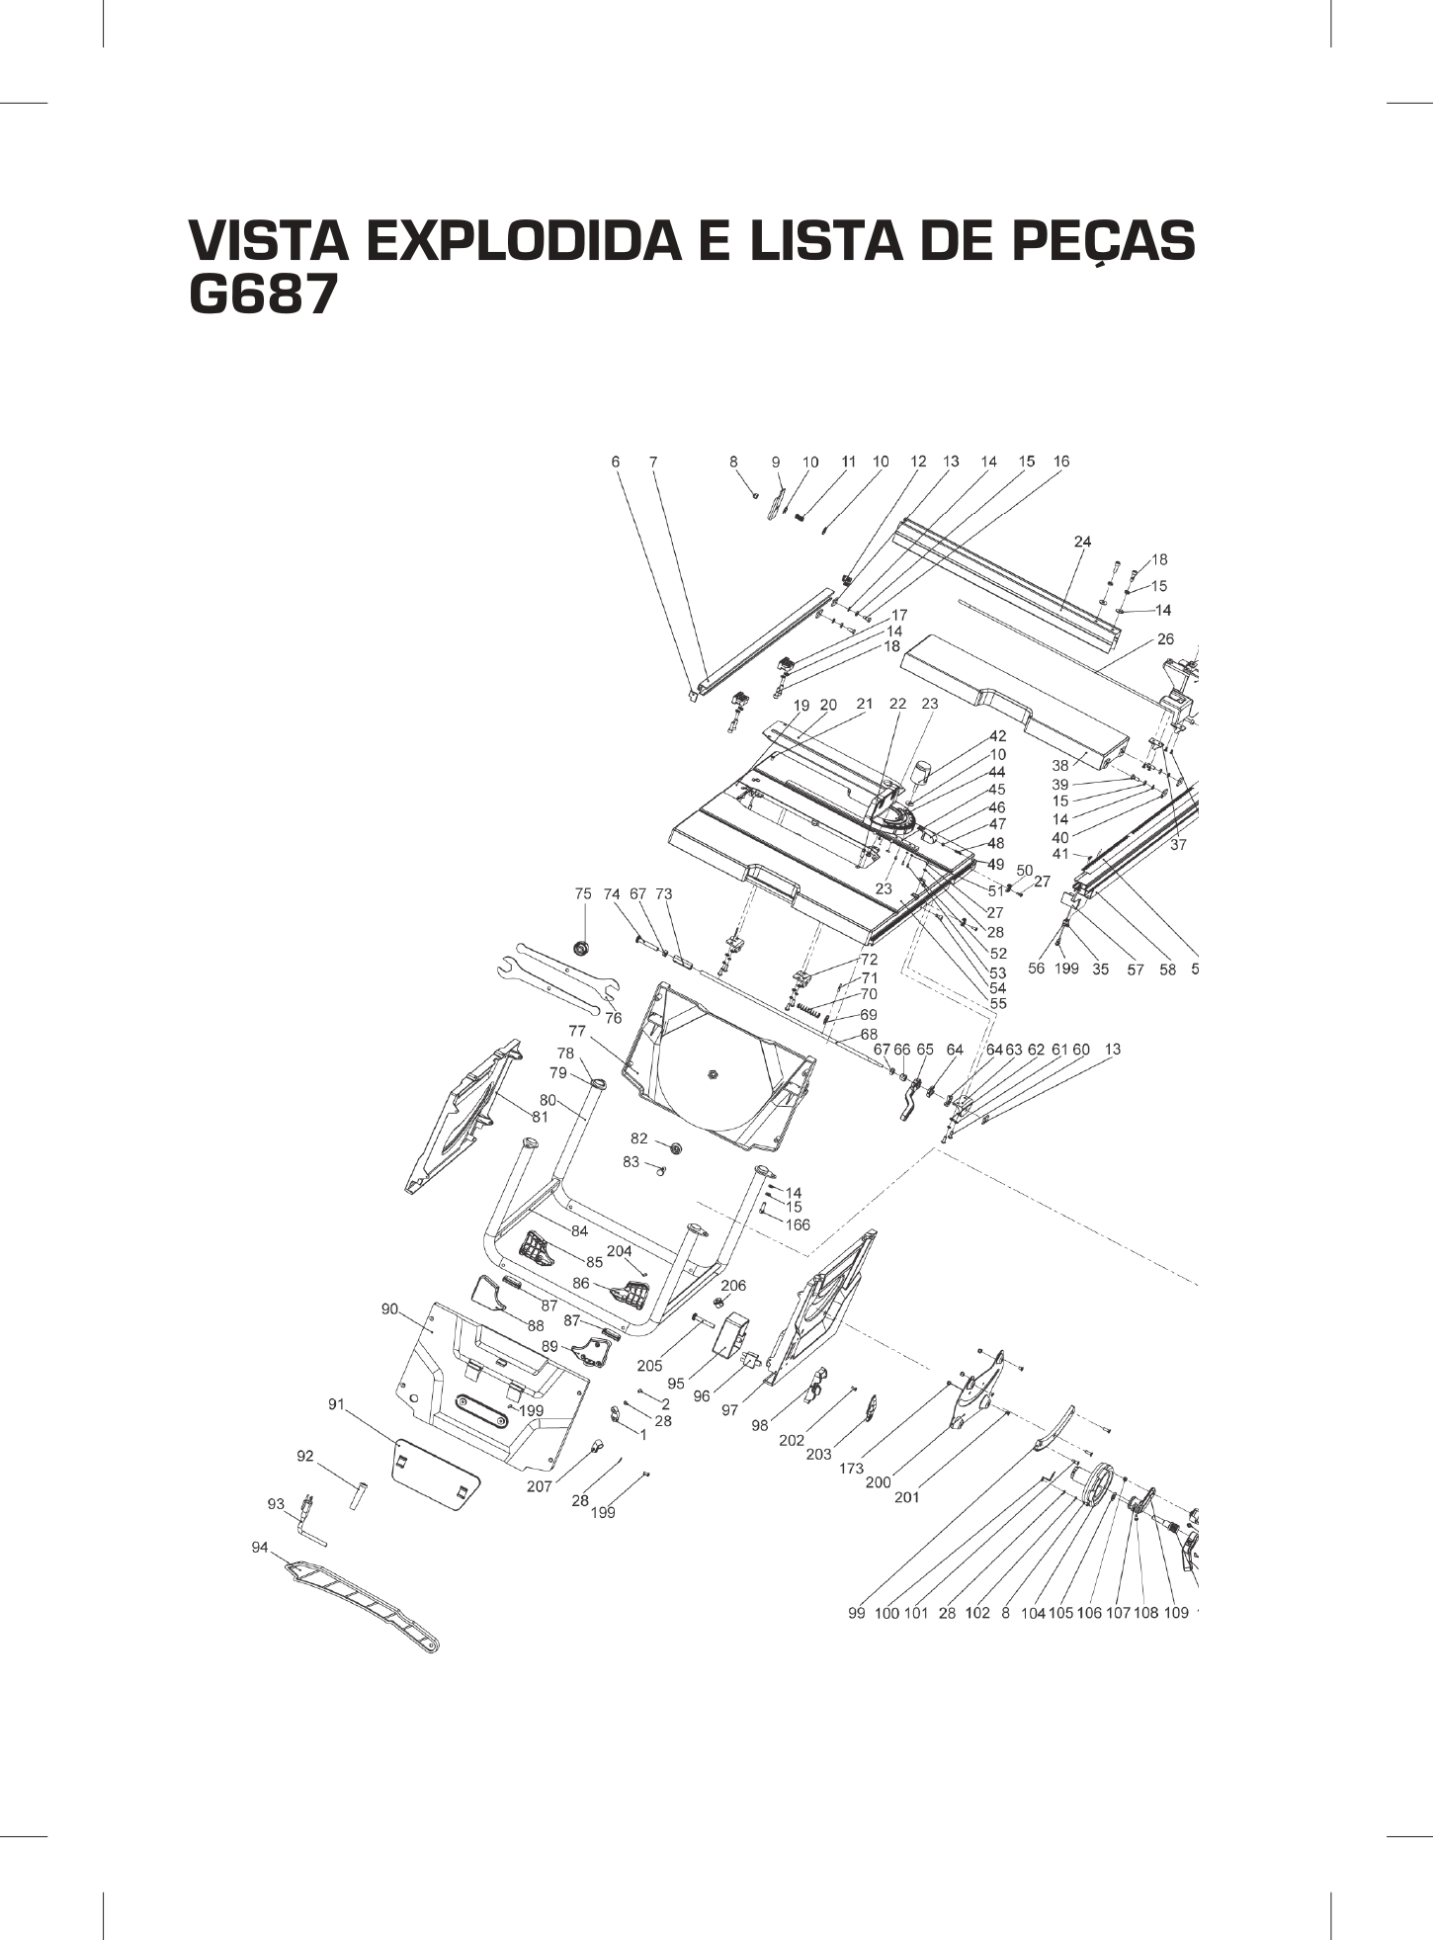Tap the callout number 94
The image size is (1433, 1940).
coord(260,1548)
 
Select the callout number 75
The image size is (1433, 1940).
coord(583,893)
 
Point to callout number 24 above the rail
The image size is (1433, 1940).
coord(1082,541)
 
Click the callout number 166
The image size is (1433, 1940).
coord(797,1224)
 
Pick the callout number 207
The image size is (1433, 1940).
coord(539,1486)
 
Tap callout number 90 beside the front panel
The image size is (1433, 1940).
coord(390,1308)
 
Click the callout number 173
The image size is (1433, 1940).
coord(851,1469)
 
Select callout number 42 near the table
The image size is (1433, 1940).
coord(997,736)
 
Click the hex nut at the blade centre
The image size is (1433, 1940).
coord(712,1072)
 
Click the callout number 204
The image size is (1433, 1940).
coord(619,1251)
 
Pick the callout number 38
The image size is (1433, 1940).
coord(1060,765)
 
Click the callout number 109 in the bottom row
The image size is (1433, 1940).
coord(1176,1613)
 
